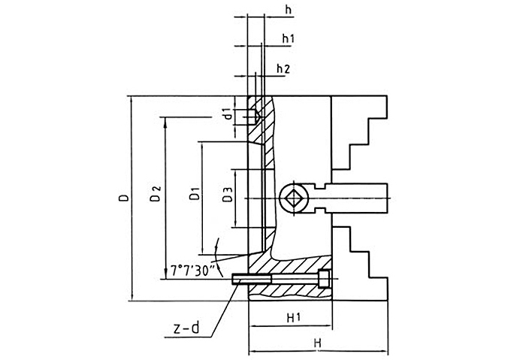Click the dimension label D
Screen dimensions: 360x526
click(123, 198)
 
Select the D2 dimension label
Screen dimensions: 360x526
click(155, 195)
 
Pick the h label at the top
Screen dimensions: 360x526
click(289, 9)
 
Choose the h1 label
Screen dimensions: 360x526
click(288, 38)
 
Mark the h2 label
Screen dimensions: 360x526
click(283, 69)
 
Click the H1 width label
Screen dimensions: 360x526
click(294, 318)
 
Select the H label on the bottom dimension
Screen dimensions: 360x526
click(318, 343)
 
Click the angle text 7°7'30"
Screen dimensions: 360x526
click(193, 268)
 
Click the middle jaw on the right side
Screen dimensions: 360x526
click(358, 198)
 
